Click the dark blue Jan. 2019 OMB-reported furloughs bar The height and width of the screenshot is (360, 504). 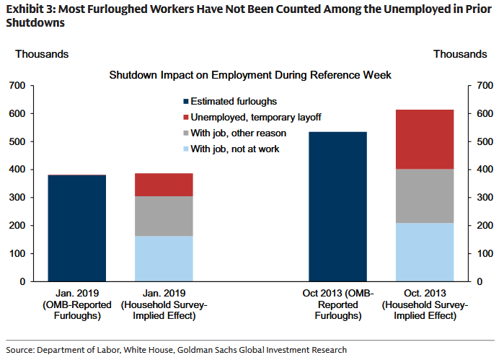[x=77, y=228]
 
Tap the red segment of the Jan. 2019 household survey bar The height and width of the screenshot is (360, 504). [x=164, y=185]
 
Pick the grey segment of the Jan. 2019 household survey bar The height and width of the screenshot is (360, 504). [x=164, y=216]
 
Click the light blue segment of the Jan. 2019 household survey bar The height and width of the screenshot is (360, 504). [x=164, y=258]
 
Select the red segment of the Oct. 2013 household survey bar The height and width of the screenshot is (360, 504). [x=425, y=139]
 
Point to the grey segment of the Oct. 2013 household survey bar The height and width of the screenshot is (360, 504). [x=425, y=196]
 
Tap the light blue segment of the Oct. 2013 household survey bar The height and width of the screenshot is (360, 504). [x=425, y=252]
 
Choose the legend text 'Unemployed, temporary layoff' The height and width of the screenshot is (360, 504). [x=256, y=118]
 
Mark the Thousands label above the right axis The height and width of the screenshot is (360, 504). [x=459, y=54]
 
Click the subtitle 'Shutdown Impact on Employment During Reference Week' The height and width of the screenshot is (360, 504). [x=250, y=75]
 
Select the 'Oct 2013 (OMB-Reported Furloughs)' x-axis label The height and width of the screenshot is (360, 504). [x=337, y=304]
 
